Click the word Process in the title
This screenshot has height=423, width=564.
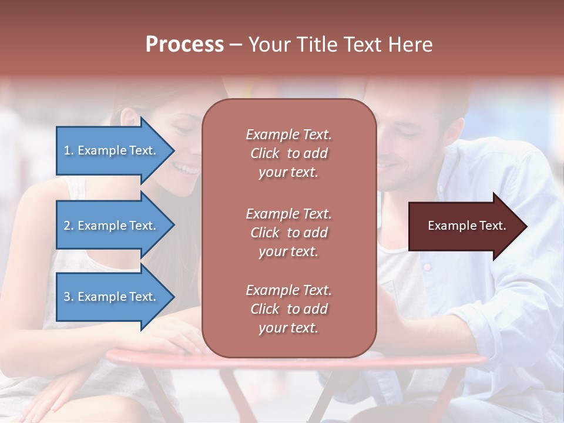click(184, 45)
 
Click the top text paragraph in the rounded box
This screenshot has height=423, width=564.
click(288, 153)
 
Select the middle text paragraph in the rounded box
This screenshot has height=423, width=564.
click(288, 233)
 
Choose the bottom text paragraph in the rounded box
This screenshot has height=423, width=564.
click(288, 309)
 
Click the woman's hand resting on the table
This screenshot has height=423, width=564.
click(170, 338)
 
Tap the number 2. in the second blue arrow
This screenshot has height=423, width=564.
click(69, 226)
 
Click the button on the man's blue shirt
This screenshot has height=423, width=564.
click(427, 267)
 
